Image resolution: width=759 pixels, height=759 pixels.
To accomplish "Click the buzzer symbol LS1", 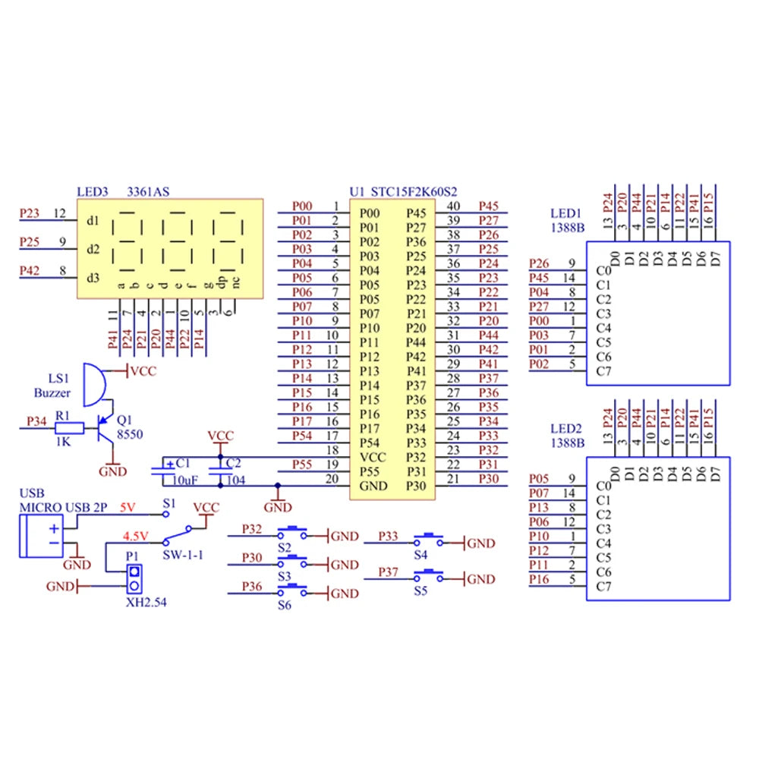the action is tap(94, 385).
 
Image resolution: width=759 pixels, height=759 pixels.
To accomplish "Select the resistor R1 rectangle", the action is tap(69, 428).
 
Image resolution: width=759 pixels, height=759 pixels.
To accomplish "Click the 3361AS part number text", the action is tap(148, 192).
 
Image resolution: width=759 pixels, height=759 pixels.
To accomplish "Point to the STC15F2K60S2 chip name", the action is tap(414, 192).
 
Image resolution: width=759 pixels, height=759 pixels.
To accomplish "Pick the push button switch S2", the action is tap(292, 533).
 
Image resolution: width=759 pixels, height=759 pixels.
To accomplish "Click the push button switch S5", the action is tap(428, 575).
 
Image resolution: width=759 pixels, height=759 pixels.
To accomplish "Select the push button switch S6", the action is tap(292, 590).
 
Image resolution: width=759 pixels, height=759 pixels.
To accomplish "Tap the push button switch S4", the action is tap(428, 540).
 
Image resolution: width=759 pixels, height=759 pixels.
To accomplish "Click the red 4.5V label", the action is tap(136, 537).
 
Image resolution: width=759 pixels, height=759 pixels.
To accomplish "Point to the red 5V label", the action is tap(128, 507).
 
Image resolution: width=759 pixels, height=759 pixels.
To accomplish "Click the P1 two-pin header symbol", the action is tap(134, 579).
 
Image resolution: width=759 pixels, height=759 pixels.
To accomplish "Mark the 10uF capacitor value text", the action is tap(185, 480).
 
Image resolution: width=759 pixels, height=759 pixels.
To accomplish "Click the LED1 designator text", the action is tap(565, 213).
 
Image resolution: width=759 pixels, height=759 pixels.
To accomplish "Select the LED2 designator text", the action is tap(565, 428).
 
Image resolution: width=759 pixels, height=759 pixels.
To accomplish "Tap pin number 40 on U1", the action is tap(453, 206).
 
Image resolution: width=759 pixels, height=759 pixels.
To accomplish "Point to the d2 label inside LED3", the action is tap(93, 249).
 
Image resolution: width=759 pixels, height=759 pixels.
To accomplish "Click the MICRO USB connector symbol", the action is tap(41, 537).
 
